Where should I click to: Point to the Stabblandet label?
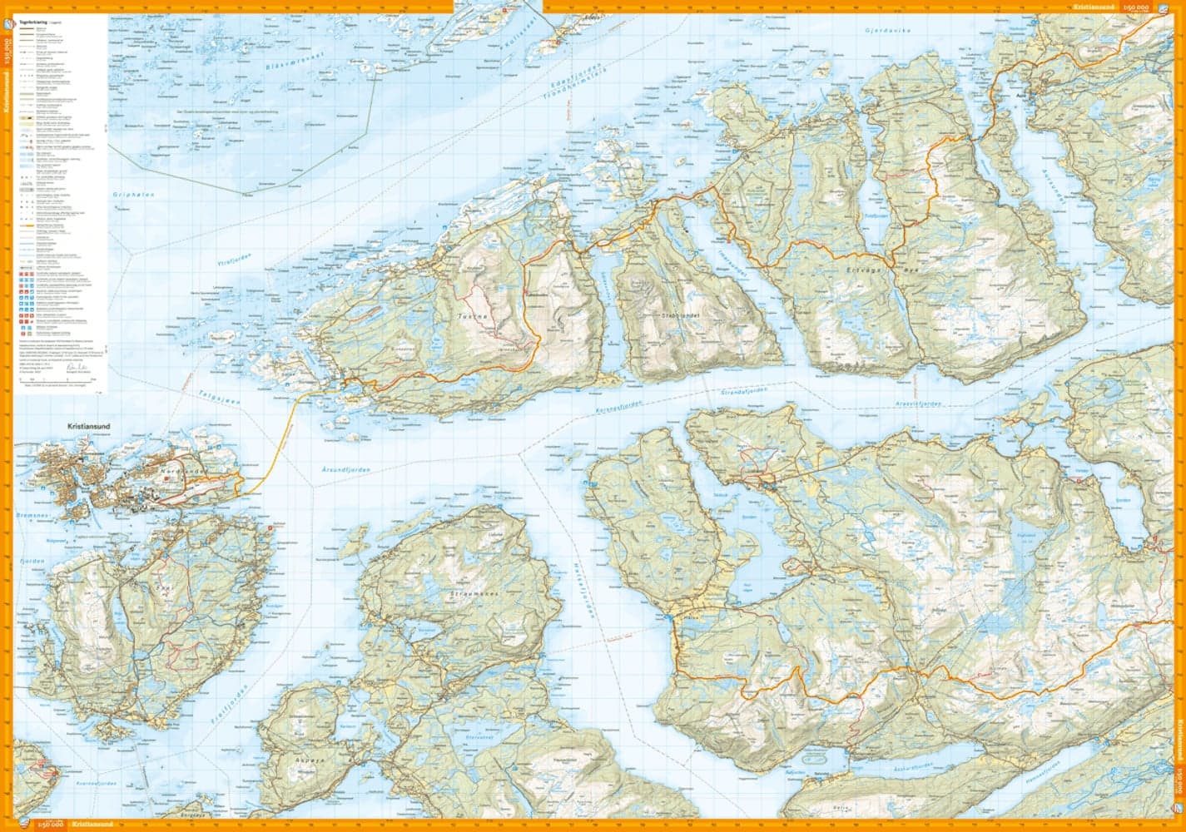click(x=656, y=316)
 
